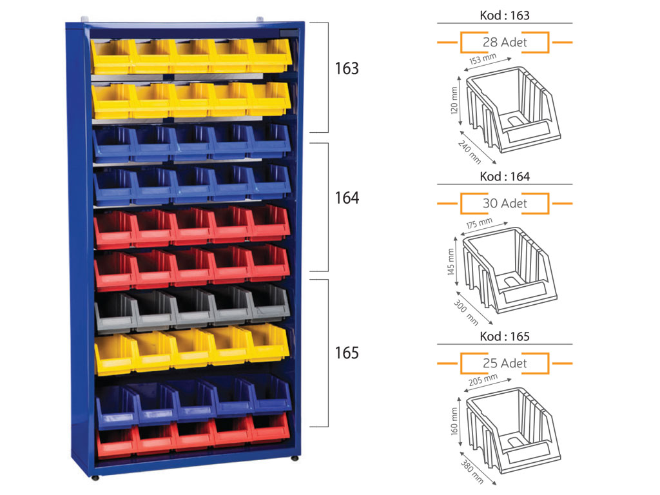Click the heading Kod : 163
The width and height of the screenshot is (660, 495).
coord(504,15)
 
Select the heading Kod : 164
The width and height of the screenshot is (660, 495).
coord(504,177)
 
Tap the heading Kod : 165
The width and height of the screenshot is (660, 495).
coord(504,336)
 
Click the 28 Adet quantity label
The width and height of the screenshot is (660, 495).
coord(505,42)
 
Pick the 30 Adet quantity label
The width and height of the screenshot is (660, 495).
coord(505,203)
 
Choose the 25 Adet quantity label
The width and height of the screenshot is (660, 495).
coord(505,364)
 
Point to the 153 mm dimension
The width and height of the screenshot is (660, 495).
coord(483,59)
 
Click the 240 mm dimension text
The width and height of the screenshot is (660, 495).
coord(469,152)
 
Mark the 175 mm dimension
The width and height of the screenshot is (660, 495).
coord(479,223)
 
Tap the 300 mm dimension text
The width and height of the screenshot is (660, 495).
coord(466,313)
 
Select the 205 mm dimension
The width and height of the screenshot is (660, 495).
coord(483,380)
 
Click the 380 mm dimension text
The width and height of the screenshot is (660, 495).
coord(472,471)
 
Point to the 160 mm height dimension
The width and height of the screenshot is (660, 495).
coord(454,422)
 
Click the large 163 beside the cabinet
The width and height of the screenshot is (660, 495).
coord(347,68)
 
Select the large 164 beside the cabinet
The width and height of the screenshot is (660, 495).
coord(347,198)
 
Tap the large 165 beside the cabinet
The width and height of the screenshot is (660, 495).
coord(347,353)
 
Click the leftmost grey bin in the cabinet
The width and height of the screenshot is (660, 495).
coord(115,311)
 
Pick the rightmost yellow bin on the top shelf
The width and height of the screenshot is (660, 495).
coord(270,55)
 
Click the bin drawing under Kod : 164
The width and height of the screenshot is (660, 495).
coord(510,270)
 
